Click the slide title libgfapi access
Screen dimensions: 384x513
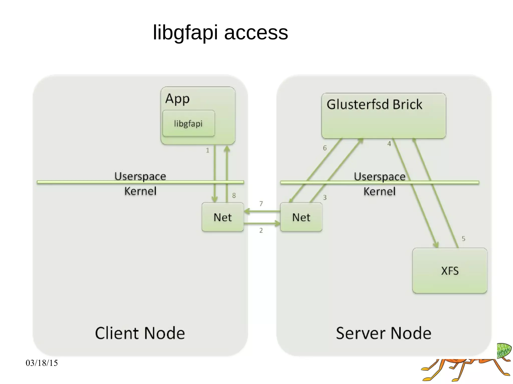[x=220, y=33]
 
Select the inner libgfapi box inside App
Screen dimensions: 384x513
[x=188, y=123]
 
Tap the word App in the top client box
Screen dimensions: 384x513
[x=177, y=99]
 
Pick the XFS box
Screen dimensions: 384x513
[x=450, y=271]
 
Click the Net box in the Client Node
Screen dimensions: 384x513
[x=222, y=217]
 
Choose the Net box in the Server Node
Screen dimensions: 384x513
[x=301, y=217]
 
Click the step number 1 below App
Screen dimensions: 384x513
[x=207, y=150]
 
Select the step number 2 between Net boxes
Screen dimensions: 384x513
[x=261, y=230]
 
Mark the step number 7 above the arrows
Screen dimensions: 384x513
[x=261, y=204]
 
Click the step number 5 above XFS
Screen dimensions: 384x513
[x=463, y=239]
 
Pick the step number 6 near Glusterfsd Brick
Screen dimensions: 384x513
[x=325, y=148]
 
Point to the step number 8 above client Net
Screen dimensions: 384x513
[x=234, y=195]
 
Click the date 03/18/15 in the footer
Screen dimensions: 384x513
[x=42, y=363]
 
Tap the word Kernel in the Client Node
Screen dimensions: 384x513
[x=140, y=191]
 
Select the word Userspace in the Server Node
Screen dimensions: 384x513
[x=379, y=177]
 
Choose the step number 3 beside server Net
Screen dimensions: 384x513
[x=325, y=198]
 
